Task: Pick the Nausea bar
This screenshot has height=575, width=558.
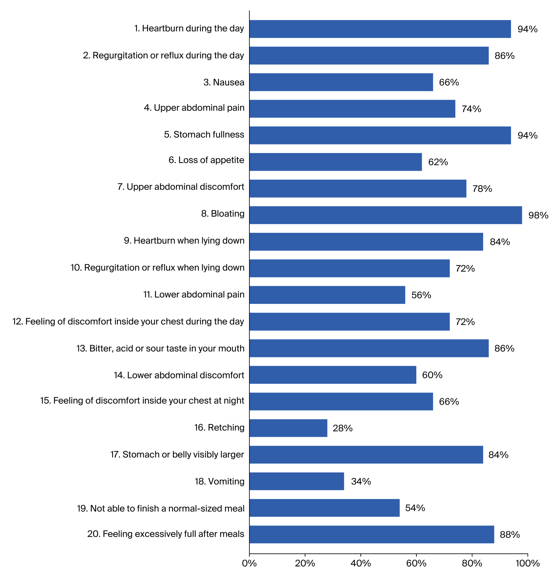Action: click(341, 82)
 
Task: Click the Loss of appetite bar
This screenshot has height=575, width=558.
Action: click(336, 162)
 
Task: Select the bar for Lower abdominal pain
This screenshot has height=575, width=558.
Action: click(327, 295)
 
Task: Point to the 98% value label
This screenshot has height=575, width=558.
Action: click(538, 215)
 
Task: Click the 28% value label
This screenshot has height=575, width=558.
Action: click(342, 428)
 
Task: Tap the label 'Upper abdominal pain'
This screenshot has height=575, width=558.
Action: click(194, 108)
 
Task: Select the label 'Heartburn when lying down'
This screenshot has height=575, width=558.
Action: click(184, 241)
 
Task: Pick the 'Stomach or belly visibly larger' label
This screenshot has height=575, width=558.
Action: click(177, 455)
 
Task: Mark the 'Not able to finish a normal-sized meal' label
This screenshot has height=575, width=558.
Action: click(161, 508)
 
